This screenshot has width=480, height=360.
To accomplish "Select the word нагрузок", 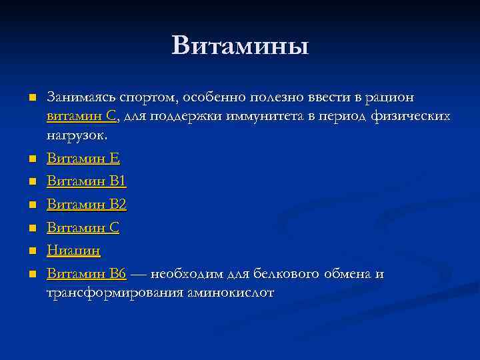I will [x=76, y=135].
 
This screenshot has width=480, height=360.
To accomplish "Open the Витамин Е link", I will [x=83, y=159].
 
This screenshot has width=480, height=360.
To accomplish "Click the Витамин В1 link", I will [x=86, y=182].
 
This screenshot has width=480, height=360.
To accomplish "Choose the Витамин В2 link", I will [x=86, y=205].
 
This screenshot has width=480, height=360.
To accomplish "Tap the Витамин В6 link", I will [x=86, y=274].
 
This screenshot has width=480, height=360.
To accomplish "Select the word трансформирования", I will [x=116, y=293].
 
